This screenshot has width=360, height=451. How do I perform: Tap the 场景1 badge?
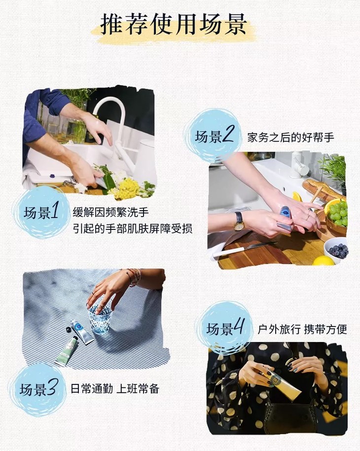[x=41, y=213]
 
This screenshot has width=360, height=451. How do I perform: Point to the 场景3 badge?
[x=38, y=389]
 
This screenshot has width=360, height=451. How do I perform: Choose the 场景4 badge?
[x=224, y=329]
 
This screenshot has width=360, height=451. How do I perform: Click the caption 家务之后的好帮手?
[x=290, y=138]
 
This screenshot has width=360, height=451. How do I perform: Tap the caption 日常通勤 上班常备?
[x=115, y=389]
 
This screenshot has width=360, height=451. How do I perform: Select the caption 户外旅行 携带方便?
[x=302, y=329]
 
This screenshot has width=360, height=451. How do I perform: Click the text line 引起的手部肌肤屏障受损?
[x=133, y=228]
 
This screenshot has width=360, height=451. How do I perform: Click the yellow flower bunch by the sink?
[x=127, y=188]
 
